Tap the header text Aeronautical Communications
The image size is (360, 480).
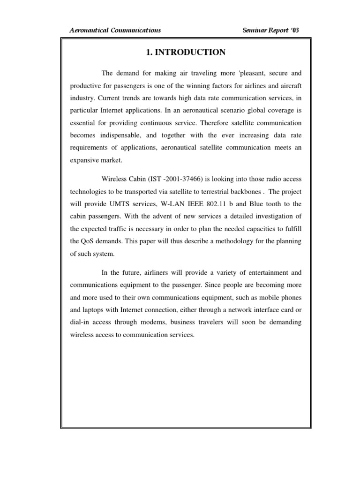(x=115, y=30)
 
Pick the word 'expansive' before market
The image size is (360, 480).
(x=85, y=160)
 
